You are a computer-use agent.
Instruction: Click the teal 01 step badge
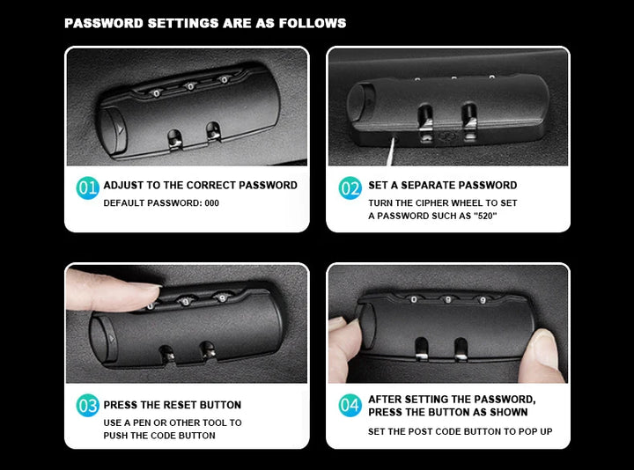click(87, 188)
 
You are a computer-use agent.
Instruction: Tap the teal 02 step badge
click(350, 188)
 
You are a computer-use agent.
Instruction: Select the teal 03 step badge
click(87, 406)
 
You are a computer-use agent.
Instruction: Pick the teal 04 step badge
click(350, 406)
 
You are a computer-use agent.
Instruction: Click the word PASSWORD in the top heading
click(104, 23)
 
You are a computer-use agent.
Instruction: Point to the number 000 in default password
click(212, 202)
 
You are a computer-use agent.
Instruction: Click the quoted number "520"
click(485, 216)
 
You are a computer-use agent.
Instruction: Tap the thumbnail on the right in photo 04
click(543, 349)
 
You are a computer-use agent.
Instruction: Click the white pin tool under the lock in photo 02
click(391, 151)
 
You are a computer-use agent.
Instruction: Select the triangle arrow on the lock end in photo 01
click(120, 129)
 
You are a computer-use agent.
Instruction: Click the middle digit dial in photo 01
click(189, 86)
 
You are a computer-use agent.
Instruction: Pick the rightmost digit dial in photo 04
click(483, 300)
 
